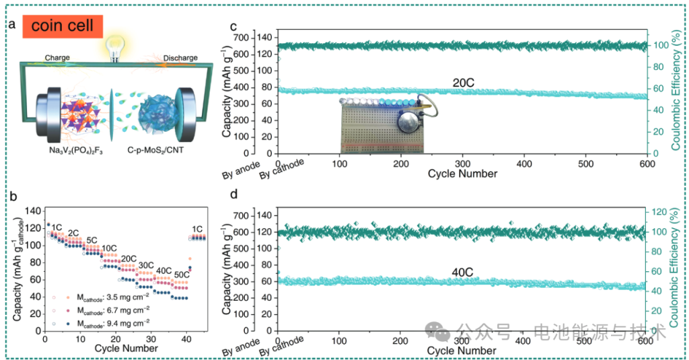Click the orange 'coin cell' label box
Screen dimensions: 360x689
[x=63, y=26]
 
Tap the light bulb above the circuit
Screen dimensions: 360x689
[x=114, y=48]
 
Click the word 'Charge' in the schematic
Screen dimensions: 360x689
[x=58, y=58]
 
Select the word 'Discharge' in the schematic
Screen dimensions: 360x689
[x=180, y=58]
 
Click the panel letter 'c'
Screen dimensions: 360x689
[x=233, y=26]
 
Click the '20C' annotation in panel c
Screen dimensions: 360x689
[x=465, y=82]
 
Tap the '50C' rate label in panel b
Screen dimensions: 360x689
[x=182, y=275]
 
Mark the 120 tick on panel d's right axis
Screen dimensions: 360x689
[x=657, y=212]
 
